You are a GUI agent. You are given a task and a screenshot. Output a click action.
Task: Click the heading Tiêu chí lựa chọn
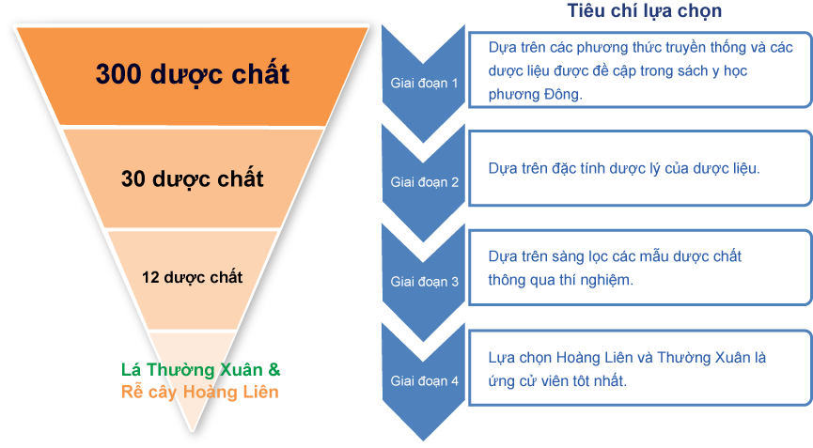click(644, 11)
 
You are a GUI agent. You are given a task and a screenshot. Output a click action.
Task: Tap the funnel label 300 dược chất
click(192, 73)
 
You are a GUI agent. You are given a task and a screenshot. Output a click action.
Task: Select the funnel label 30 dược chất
click(192, 178)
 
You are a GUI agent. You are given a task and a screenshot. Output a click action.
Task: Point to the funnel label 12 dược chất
click(192, 277)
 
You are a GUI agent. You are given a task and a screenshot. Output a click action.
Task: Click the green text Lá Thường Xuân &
click(201, 369)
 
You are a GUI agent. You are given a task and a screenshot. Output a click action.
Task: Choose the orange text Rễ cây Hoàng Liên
click(200, 392)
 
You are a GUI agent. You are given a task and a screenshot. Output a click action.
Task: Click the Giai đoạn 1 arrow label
click(425, 83)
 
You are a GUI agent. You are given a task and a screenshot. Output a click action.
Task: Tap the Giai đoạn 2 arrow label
click(425, 182)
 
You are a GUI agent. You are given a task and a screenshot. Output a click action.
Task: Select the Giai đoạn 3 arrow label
click(425, 281)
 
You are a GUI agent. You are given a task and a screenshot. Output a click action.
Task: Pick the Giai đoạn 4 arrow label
click(425, 381)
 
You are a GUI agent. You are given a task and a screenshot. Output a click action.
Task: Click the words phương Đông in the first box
click(536, 94)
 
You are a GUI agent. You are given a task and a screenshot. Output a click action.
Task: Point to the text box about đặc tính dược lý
click(639, 168)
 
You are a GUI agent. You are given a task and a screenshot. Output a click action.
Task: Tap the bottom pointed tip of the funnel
click(193, 430)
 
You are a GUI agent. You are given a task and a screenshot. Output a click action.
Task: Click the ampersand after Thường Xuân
click(274, 369)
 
